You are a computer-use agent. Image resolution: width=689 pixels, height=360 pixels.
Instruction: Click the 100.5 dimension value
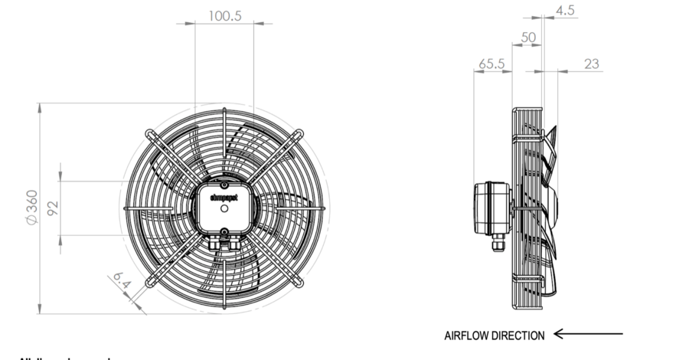224,15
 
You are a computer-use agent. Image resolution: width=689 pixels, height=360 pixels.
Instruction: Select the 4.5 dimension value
565,10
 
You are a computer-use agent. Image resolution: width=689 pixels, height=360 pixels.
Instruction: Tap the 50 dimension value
528,37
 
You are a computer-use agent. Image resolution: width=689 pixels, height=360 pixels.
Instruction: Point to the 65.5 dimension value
491,64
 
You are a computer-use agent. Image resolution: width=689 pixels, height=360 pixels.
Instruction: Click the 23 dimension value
591,64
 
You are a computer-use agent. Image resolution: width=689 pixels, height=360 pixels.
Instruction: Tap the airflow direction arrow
588,333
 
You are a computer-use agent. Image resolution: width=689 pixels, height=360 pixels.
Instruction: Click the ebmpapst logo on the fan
224,197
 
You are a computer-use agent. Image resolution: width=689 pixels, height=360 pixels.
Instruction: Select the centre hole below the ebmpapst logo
224,208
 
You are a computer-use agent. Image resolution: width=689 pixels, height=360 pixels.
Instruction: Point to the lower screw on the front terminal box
224,231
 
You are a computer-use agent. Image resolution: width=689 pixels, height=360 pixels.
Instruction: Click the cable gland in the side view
498,243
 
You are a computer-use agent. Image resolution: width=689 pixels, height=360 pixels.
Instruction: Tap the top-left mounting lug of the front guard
149,133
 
